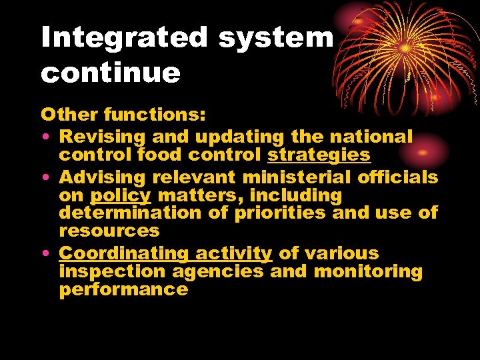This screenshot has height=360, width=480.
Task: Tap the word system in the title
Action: (275, 39)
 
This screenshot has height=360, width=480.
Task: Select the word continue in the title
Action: (111, 73)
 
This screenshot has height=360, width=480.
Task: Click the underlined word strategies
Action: (319, 155)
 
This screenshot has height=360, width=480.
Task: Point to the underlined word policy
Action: (121, 196)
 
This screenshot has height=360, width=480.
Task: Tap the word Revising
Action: (103, 137)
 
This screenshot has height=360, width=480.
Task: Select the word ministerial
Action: (298, 177)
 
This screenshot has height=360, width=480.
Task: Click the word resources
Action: (109, 231)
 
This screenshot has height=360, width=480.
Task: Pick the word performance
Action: (123, 290)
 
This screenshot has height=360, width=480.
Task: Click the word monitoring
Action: (368, 272)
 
